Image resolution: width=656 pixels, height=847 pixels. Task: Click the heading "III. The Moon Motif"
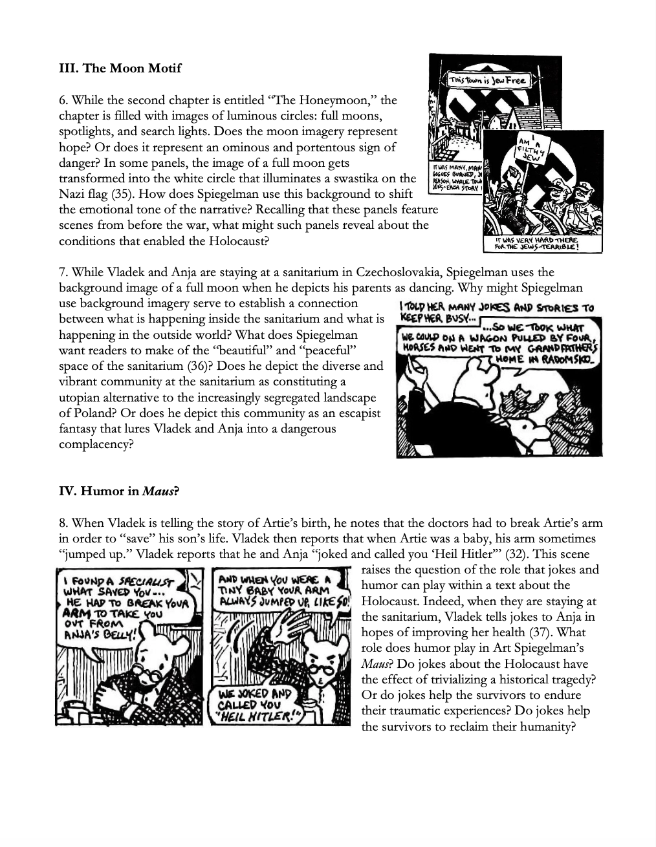click(120, 69)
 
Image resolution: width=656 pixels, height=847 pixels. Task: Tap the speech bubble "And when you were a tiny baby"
click(278, 590)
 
